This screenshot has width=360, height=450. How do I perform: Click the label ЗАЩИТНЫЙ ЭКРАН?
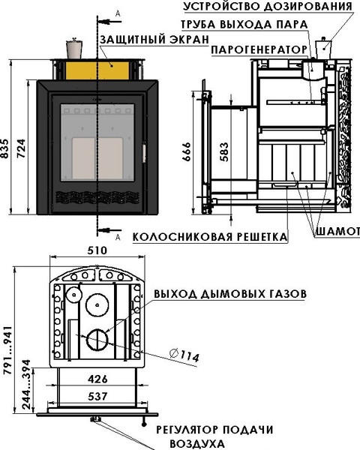154,40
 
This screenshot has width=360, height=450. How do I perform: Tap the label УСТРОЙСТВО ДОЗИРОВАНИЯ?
268,6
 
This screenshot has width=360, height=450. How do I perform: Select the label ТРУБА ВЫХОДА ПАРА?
244,25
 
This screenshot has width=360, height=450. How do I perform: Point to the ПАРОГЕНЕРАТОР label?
259,49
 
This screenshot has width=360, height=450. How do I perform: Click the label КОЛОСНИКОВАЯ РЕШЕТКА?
210,237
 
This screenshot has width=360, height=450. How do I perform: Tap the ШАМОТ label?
337,231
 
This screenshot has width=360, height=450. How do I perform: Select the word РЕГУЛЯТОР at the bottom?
187,430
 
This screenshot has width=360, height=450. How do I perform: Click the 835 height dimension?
5,149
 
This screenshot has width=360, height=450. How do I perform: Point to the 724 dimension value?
21,149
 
